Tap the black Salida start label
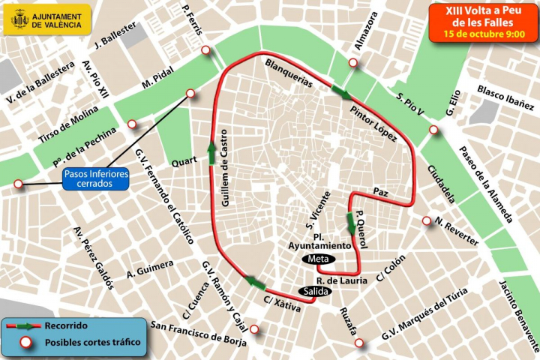tap(315, 291)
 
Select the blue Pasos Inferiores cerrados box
tap(96, 178)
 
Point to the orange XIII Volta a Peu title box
tap(484, 22)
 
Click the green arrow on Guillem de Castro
tap(212, 152)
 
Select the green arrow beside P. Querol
tap(350, 223)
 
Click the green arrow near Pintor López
tap(342, 93)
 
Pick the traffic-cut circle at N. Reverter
tap(427, 221)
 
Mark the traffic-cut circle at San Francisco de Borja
tap(255, 328)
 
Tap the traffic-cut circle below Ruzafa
tap(359, 343)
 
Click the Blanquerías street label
tap(289, 73)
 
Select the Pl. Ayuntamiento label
tap(320, 241)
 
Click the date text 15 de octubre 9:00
tap(484, 34)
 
